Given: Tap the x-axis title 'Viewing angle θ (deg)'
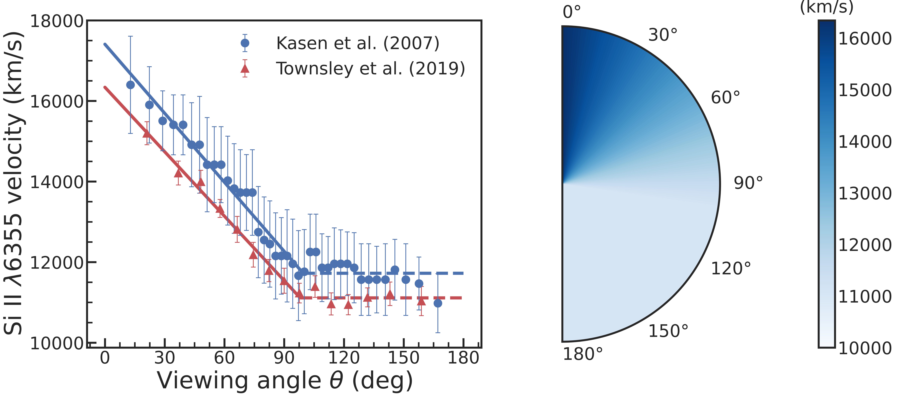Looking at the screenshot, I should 285,380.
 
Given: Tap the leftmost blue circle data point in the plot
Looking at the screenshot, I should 130,85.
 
